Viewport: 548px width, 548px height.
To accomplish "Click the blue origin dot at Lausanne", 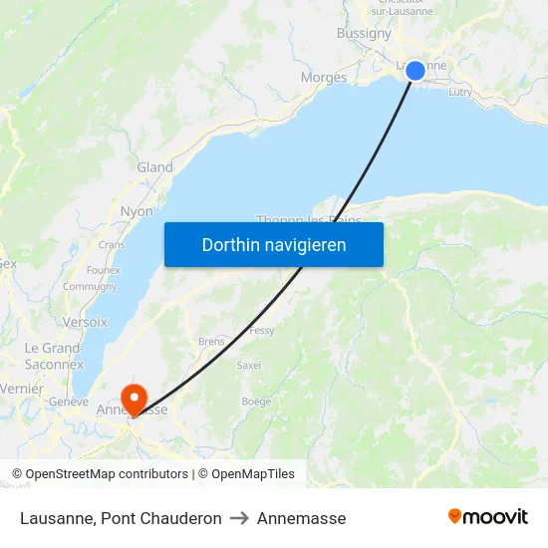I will tap(415, 70).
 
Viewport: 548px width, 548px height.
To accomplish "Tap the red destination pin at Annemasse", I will tap(133, 399).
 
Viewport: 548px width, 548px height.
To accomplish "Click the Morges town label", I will tap(324, 78).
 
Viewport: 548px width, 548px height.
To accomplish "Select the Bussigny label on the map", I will tap(364, 33).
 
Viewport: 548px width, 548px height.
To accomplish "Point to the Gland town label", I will tap(154, 167).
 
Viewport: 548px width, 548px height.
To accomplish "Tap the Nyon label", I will tap(137, 211).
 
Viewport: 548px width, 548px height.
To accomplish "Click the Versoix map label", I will tap(85, 322).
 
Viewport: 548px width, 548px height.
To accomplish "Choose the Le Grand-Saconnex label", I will tap(54, 356).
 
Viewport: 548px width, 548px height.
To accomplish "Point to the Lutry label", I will tap(460, 92).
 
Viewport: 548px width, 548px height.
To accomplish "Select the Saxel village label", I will tap(249, 366).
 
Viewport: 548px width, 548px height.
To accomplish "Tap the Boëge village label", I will tap(256, 402).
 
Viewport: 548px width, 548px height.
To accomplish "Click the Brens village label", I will tap(211, 341).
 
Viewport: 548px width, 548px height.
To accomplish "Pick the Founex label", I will tap(104, 270).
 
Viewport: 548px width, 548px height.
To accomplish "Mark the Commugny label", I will tap(90, 287).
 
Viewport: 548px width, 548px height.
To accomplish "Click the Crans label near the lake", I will tap(112, 244).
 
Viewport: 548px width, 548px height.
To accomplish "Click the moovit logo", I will tap(488, 517).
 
